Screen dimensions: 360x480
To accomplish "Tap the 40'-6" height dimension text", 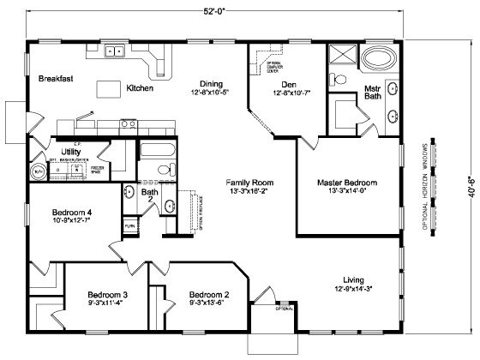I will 465,182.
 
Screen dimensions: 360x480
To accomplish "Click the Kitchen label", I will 141,87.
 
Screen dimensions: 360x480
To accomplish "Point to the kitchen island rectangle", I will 109,87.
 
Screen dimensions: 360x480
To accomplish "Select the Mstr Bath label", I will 373,92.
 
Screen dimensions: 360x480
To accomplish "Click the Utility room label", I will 70,151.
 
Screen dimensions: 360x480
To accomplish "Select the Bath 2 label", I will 150,196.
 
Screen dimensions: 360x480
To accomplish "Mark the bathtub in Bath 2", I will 157,154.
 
